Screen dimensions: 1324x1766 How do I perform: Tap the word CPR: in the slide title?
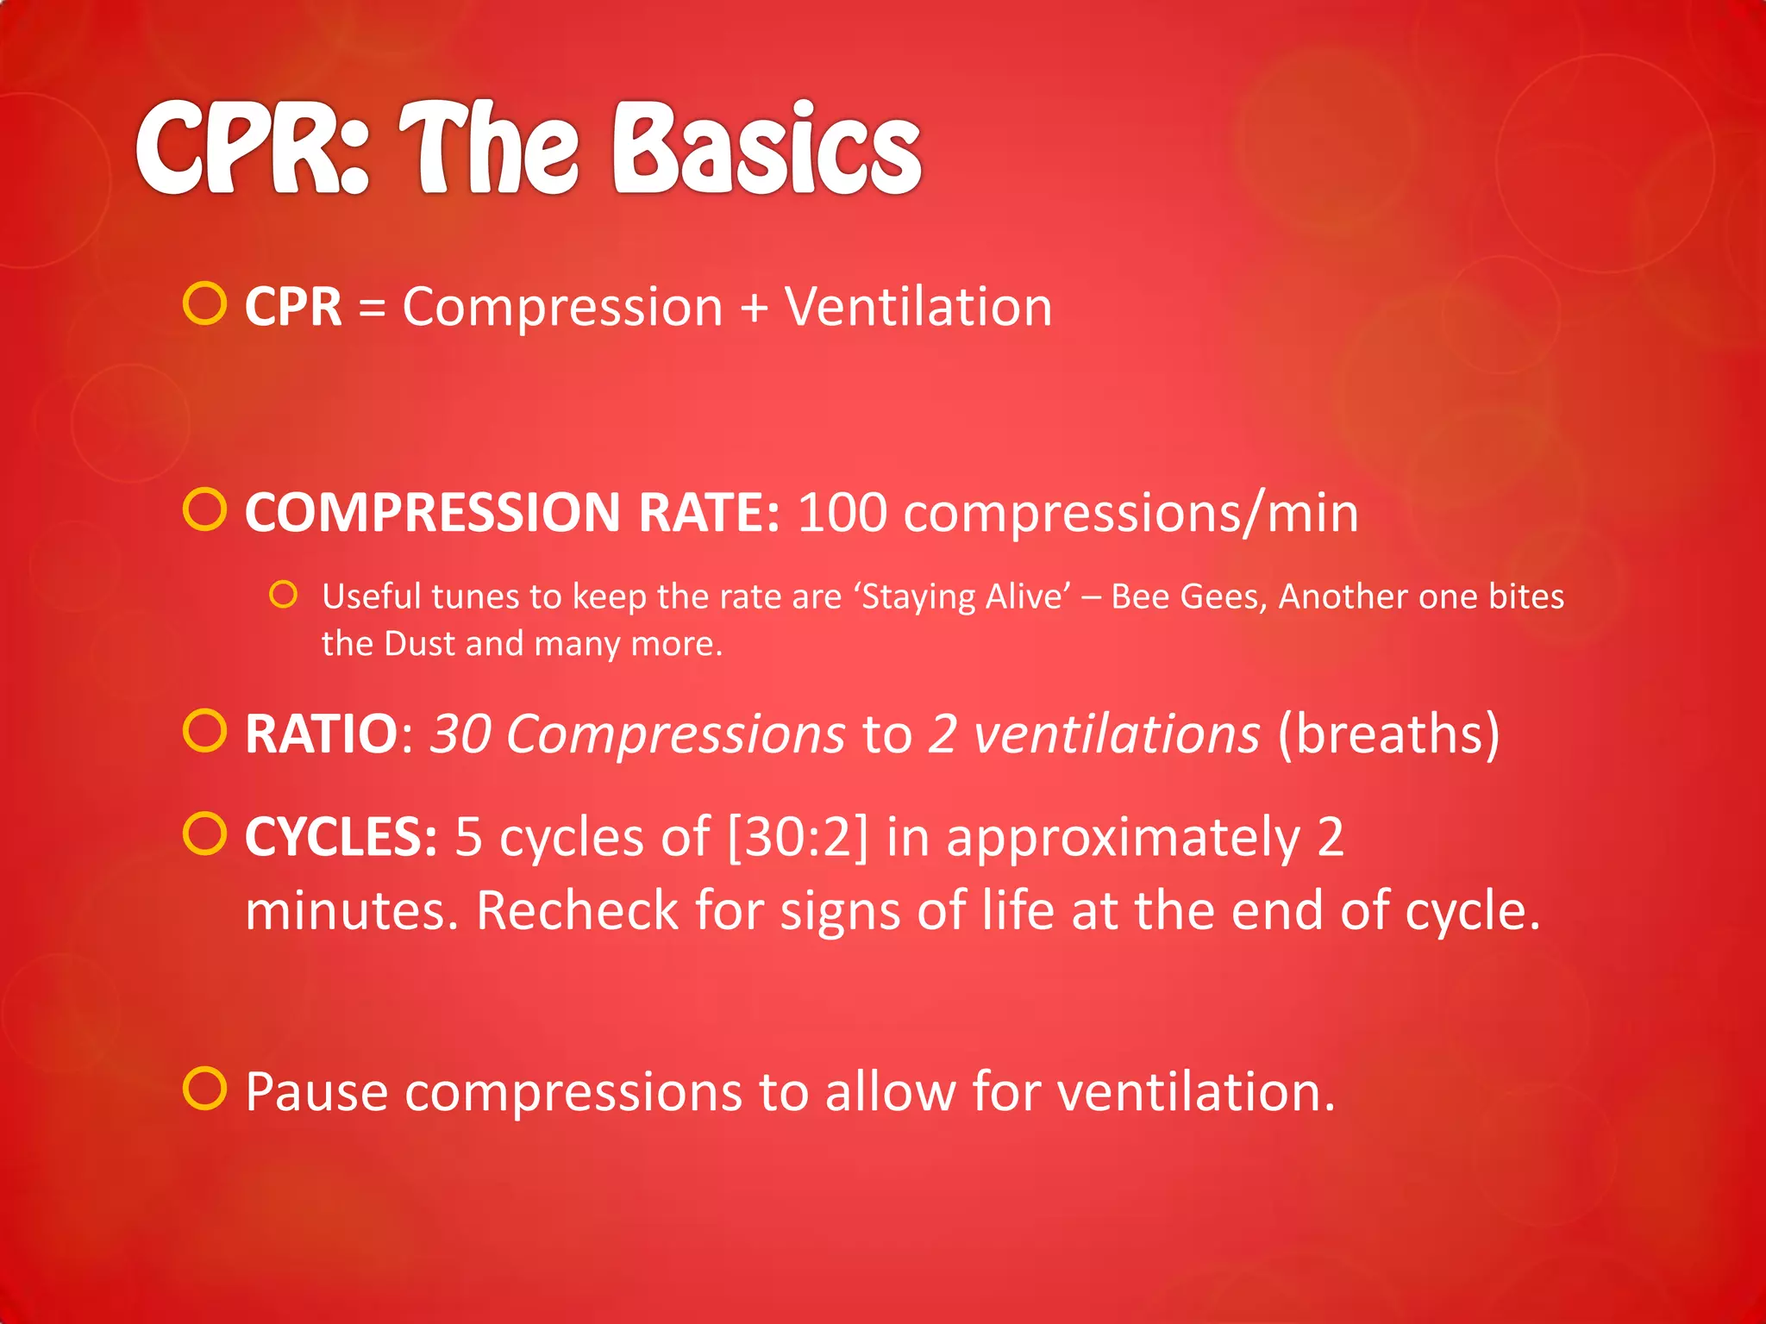(252, 148)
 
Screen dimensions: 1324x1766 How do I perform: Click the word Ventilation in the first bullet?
(918, 307)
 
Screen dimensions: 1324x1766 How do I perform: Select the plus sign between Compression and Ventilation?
(754, 309)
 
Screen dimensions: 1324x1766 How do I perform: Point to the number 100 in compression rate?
(842, 513)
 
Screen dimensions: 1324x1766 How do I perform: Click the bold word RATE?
(709, 513)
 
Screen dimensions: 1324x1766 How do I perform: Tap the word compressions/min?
(1130, 515)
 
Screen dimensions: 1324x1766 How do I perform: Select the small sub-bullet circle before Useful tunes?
(283, 595)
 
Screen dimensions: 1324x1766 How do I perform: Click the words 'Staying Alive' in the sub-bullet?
(962, 597)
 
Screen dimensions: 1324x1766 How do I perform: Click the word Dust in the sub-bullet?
(419, 644)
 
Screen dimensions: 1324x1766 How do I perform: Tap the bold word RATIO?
(321, 734)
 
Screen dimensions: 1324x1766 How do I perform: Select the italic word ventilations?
(1117, 734)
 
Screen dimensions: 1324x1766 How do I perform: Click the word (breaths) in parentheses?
(1388, 734)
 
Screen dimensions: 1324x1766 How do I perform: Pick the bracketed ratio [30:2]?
(798, 837)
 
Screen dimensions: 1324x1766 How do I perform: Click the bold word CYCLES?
(341, 837)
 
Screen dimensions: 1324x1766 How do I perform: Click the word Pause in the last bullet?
(316, 1092)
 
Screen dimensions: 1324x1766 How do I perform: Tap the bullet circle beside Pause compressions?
(205, 1089)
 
